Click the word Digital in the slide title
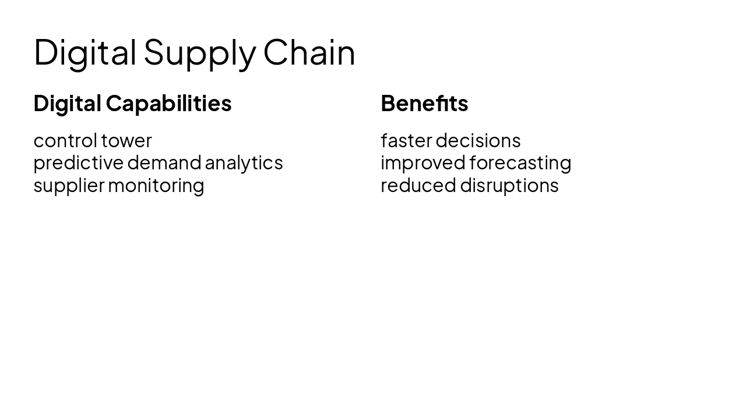85,52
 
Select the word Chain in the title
309,52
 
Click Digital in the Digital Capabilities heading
67,104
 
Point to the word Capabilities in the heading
168,104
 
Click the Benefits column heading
424,104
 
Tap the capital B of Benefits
388,104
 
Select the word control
65,141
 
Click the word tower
126,141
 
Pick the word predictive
79,163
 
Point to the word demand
164,163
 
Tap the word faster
406,141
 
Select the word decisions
478,141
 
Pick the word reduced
418,186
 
